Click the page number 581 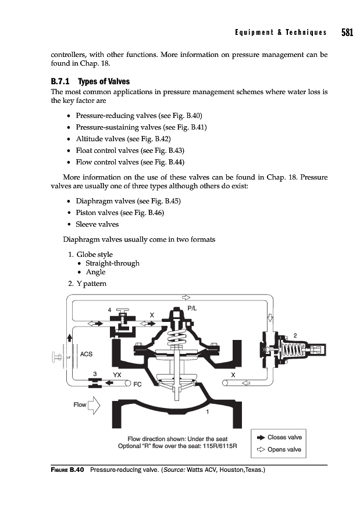347,33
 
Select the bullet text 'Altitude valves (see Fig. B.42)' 123,139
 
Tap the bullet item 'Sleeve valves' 97,224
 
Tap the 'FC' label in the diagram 138,385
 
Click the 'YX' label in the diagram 117,375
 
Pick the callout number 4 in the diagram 109,310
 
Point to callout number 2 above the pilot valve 295,335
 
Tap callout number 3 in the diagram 94,374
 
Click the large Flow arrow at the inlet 94,404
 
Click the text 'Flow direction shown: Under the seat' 177,439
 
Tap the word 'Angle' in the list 95,272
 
